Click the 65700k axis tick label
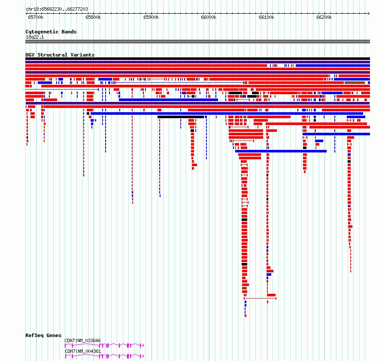(x=36, y=17)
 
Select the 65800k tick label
(x=93, y=17)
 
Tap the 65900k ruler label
(x=151, y=17)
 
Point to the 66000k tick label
(x=209, y=17)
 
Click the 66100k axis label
(x=267, y=17)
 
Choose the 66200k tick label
(x=324, y=17)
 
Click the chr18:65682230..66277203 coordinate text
(x=57, y=9)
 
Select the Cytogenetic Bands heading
(x=51, y=32)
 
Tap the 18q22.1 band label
(x=35, y=37)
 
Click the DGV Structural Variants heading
(x=60, y=55)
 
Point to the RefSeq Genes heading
(x=44, y=335)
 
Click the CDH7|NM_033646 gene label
(x=82, y=340)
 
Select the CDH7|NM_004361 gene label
(x=82, y=351)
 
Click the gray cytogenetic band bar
(x=197, y=42)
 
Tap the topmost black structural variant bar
(x=197, y=59)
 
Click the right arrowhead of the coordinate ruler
(x=369, y=13)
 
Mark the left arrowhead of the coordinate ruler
(x=27, y=13)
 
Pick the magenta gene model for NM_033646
(x=105, y=345)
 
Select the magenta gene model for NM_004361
(x=105, y=356)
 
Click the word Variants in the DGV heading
(x=82, y=55)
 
